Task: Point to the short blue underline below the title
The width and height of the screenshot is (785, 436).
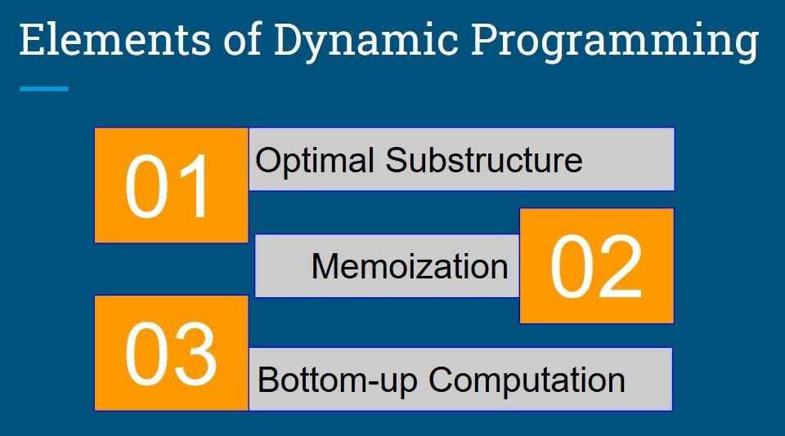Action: tap(44, 88)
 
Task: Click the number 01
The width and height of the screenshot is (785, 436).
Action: tap(171, 186)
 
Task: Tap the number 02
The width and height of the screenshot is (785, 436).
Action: tap(596, 267)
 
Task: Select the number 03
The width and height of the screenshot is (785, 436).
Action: tap(171, 354)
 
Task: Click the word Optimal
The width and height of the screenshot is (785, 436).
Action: tap(316, 160)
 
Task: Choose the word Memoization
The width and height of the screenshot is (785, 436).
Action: tap(410, 267)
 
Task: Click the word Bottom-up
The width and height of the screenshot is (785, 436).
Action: tap(338, 380)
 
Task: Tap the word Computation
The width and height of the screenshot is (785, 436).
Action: tap(527, 380)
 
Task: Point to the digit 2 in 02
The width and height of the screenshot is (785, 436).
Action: tap(621, 267)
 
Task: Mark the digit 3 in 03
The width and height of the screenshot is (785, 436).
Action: tap(195, 354)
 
